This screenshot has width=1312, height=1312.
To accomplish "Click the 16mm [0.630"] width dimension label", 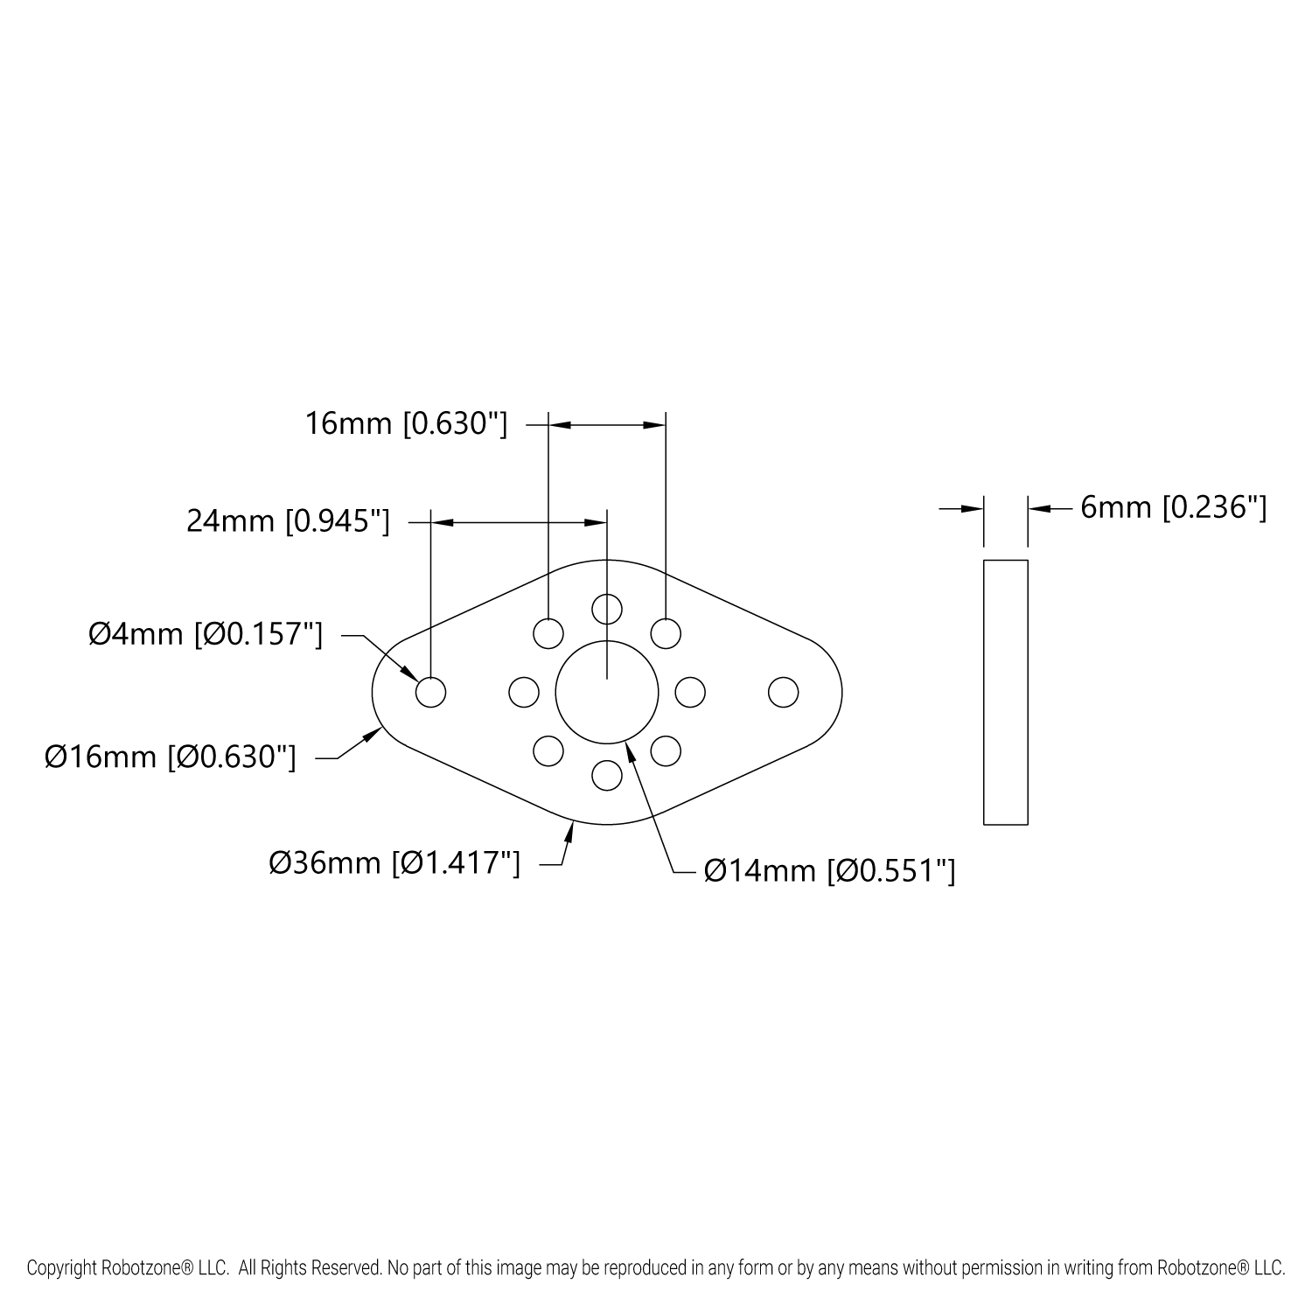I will pos(406,424).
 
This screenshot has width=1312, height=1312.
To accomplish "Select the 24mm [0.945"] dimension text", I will pos(288,522).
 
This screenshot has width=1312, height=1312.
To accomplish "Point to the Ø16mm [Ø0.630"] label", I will pos(171,757).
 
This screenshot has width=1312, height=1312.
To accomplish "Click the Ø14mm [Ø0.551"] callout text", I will pos(829,871).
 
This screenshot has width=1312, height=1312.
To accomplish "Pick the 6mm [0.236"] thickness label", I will pos(1174,507).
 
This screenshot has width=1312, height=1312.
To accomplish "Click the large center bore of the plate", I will pos(607,692).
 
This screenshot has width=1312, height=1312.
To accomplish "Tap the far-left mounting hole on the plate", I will pos(430,693).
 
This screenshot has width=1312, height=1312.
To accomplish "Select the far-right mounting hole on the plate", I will pos(784,693).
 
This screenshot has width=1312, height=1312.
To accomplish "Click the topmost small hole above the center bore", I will pos(607,608).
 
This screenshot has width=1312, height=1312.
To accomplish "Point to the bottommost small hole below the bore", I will pos(607,775).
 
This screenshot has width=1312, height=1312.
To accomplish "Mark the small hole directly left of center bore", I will pos(523,693).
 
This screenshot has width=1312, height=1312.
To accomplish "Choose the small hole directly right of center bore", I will pos(690,693).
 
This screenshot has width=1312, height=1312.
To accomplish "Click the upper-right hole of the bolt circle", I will pos(666,633).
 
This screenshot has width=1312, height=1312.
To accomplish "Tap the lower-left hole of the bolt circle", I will pos(548,751).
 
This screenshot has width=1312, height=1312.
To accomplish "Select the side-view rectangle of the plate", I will pos(1006,692).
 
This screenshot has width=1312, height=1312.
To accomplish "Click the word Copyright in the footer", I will pos(59,1267).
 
